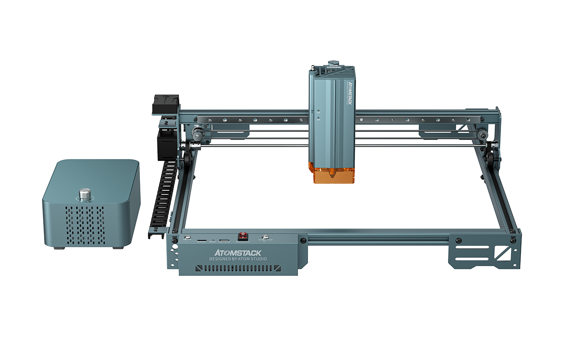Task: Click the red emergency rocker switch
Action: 243,236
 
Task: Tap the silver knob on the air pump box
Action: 84,195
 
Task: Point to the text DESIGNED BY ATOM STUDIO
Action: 238,259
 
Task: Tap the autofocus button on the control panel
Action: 265,237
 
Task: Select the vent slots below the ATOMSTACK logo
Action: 238,268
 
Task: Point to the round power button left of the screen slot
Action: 187,237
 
